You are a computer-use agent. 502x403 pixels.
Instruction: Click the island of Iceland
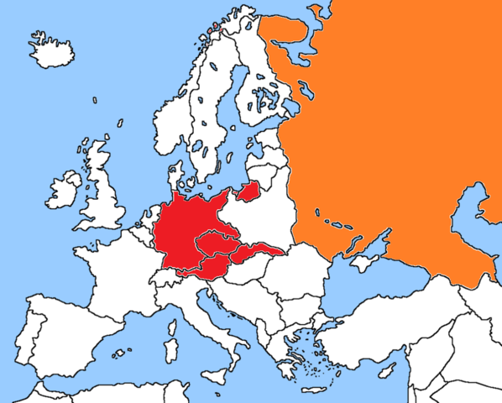(51, 50)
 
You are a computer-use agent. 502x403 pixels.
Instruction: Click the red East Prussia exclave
(248, 192)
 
